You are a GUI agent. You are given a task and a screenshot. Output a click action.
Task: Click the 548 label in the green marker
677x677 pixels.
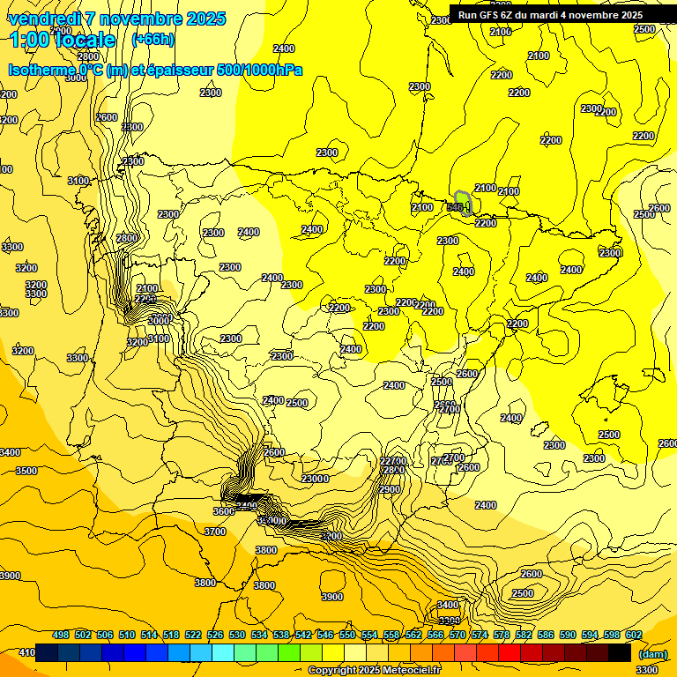click(455, 207)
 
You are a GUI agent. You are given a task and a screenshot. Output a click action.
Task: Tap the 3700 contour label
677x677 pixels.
click(215, 532)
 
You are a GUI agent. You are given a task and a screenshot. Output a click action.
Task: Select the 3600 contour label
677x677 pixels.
click(224, 511)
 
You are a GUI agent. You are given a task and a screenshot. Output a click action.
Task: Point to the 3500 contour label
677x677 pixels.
click(26, 471)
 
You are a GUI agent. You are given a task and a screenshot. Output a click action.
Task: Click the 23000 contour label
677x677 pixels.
click(315, 479)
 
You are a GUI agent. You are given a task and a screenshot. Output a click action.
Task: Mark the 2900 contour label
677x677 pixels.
click(390, 489)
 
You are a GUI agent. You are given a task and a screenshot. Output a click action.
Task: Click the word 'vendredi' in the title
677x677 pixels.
click(44, 19)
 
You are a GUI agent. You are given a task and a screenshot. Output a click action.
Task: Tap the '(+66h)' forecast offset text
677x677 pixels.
click(153, 39)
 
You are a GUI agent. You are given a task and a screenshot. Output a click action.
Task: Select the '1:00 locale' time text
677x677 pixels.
click(63, 40)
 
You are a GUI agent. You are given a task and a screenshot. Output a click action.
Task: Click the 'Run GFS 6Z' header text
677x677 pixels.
click(486, 14)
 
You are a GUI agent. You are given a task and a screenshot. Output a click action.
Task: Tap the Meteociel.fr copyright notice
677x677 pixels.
click(375, 670)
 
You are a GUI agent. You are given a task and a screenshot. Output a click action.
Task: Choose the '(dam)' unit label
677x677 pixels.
click(651, 654)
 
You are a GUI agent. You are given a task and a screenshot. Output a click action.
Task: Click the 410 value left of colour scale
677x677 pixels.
click(26, 653)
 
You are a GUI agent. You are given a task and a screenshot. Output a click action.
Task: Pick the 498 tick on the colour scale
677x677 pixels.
click(61, 635)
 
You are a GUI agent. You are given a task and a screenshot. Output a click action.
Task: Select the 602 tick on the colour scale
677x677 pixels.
click(634, 635)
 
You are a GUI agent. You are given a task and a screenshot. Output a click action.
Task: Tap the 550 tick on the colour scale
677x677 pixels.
click(347, 635)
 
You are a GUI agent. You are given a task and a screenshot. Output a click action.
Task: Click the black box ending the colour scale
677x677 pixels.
click(620, 653)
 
